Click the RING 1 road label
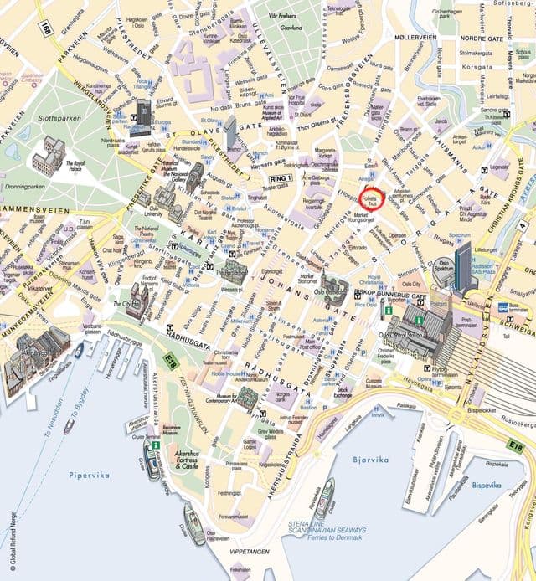point(279,178)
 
